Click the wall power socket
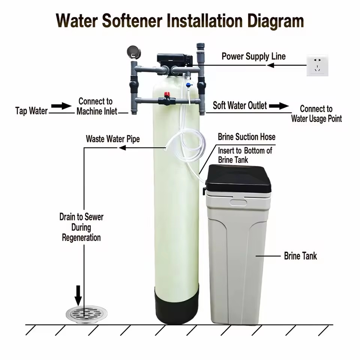click(x=317, y=65)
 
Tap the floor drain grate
click(x=87, y=314)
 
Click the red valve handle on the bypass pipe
click(x=166, y=94)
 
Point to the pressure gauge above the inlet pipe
click(x=134, y=52)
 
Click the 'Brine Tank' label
click(x=300, y=256)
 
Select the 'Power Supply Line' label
click(x=253, y=56)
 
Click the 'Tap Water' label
click(x=31, y=111)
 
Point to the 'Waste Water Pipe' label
click(x=113, y=139)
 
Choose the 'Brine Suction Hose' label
click(x=247, y=137)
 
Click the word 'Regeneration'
click(x=81, y=238)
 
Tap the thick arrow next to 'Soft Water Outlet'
click(x=279, y=106)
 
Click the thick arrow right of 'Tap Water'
click(x=61, y=106)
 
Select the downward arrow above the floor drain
click(x=78, y=295)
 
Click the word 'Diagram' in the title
click(x=276, y=21)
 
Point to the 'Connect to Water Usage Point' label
click(x=316, y=114)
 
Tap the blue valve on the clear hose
click(x=189, y=85)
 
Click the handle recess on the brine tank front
click(x=238, y=202)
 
